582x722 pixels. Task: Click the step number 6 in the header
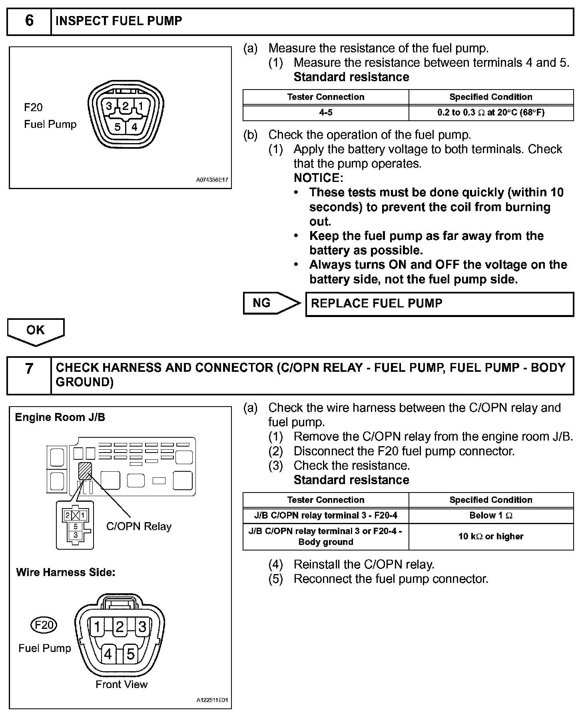click(x=29, y=21)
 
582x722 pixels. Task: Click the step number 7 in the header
click(x=29, y=368)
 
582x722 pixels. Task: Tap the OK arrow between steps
click(x=36, y=330)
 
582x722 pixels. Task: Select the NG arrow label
click(x=262, y=303)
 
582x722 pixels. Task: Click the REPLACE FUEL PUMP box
click(x=439, y=304)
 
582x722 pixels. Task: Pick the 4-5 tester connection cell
click(x=326, y=113)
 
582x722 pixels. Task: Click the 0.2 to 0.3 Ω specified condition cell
click(x=491, y=113)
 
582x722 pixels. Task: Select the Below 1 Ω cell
click(x=491, y=516)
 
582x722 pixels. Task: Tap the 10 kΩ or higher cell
click(x=491, y=537)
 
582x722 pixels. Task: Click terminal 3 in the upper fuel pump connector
click(x=109, y=106)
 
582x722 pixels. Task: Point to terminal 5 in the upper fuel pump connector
click(x=117, y=127)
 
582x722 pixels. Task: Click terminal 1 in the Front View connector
click(x=97, y=627)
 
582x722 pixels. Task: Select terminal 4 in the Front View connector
click(x=108, y=654)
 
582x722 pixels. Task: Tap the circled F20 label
click(x=44, y=625)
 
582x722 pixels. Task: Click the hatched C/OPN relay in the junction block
click(x=85, y=471)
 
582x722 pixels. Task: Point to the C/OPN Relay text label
click(x=139, y=527)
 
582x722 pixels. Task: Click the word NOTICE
click(x=318, y=178)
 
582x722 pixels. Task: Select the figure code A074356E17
click(x=212, y=180)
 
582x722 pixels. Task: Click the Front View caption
click(x=122, y=684)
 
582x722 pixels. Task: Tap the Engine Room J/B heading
click(x=60, y=417)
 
